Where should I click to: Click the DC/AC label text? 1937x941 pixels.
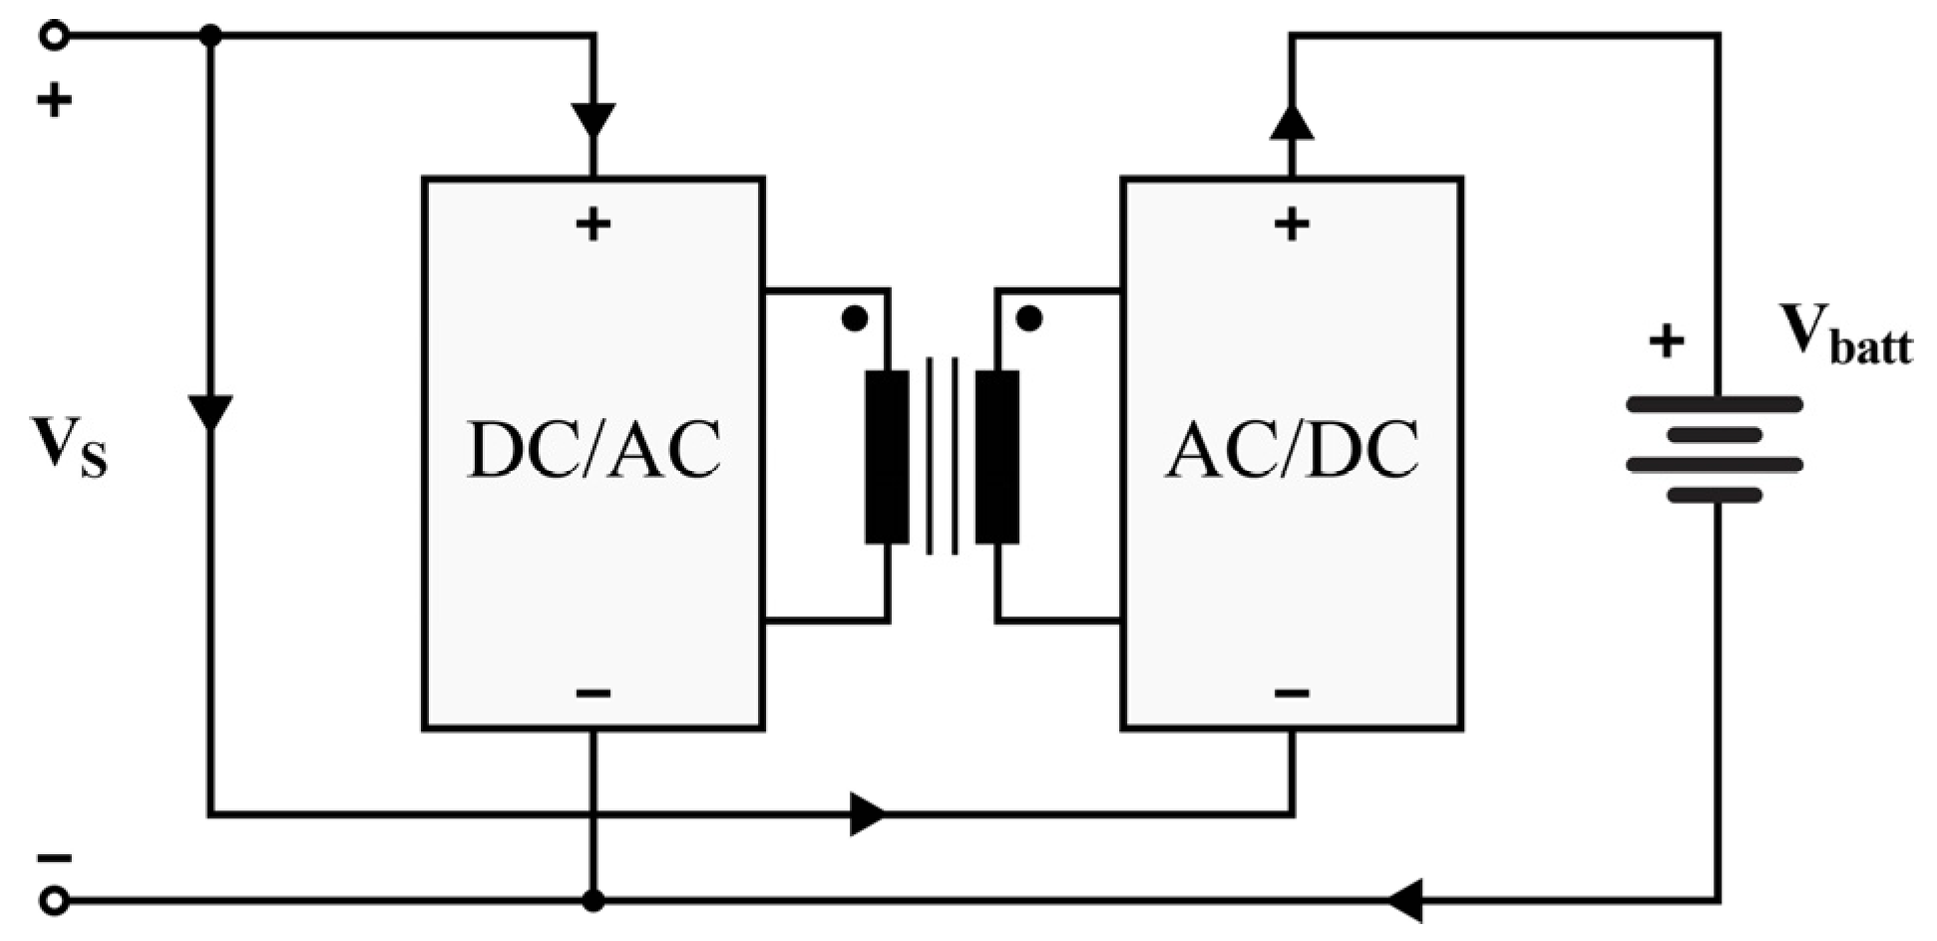[x=593, y=450]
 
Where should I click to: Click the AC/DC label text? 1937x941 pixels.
[x=1292, y=450]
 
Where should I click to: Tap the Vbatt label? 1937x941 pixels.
[x=1845, y=335]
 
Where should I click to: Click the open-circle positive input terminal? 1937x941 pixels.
[x=55, y=36]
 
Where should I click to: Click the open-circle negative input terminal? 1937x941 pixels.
[x=55, y=901]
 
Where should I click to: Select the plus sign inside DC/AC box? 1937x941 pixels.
[x=593, y=225]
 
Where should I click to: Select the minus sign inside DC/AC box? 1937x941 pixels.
[x=593, y=693]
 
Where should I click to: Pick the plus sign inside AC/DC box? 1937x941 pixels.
[x=1292, y=225]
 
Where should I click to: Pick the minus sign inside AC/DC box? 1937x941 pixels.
[x=1292, y=693]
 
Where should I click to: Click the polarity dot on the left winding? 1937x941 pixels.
[x=855, y=318]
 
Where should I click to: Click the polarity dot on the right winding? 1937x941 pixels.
[x=1029, y=318]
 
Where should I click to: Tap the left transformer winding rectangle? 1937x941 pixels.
[x=887, y=457]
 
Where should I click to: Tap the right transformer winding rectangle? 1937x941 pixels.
[x=997, y=457]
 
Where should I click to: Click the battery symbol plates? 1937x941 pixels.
[x=1715, y=449]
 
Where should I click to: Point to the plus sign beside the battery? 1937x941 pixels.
[x=1666, y=341]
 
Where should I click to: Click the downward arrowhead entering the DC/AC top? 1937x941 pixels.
[x=593, y=120]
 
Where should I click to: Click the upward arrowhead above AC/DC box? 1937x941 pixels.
[x=1292, y=122]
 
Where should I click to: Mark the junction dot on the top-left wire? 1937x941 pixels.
[x=210, y=36]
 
